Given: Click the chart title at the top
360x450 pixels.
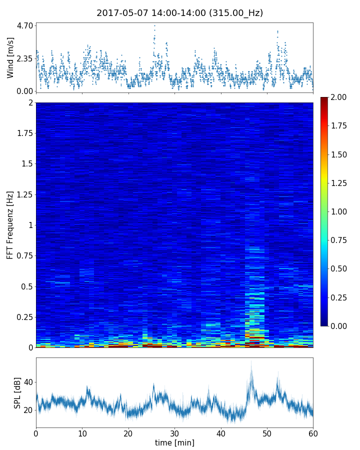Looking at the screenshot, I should (x=179, y=13).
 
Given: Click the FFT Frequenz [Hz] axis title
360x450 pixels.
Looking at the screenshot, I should (x=10, y=224).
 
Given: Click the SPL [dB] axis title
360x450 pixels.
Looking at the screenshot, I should (x=18, y=392).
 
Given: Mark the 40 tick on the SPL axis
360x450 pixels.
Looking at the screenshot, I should (x=28, y=382).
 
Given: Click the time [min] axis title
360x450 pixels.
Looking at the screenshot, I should (x=174, y=442).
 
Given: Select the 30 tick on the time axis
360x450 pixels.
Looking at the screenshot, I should (x=174, y=432).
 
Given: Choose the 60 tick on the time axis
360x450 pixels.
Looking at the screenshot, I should (x=313, y=432).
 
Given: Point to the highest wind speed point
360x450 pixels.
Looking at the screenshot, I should (x=154, y=25).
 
